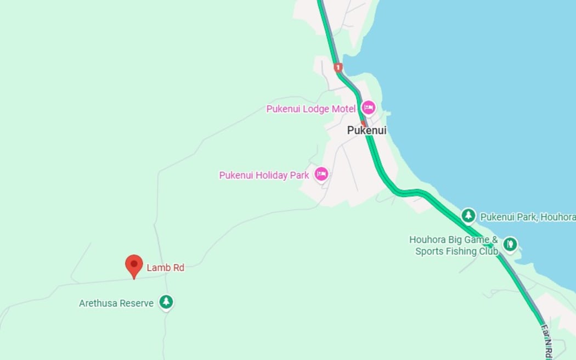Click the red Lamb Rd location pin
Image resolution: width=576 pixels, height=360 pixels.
click(x=134, y=265)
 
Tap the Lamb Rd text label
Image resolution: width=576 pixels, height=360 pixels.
click(x=165, y=268)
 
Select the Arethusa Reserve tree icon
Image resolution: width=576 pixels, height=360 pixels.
click(x=166, y=302)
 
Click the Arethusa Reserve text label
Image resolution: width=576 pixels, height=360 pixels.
click(x=116, y=303)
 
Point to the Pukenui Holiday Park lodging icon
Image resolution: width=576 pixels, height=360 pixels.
click(x=321, y=175)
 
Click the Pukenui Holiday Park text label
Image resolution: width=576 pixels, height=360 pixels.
click(x=264, y=175)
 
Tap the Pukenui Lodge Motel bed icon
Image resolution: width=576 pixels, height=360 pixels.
click(x=368, y=108)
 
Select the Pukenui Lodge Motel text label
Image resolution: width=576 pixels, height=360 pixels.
click(x=310, y=109)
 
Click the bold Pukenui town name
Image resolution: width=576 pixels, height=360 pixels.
click(x=366, y=131)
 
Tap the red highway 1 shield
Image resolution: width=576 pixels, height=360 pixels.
click(x=338, y=67)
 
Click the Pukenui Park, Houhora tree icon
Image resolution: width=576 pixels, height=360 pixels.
click(x=468, y=216)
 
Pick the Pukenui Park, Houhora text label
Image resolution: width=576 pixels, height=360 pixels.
click(x=527, y=217)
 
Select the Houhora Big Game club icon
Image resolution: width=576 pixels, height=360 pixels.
click(x=510, y=244)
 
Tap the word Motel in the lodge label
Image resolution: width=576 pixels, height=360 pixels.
click(x=343, y=109)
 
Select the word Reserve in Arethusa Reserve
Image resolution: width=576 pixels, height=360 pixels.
click(x=138, y=303)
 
